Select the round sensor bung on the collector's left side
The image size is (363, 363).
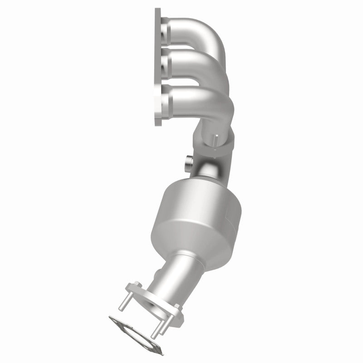(189, 163)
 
